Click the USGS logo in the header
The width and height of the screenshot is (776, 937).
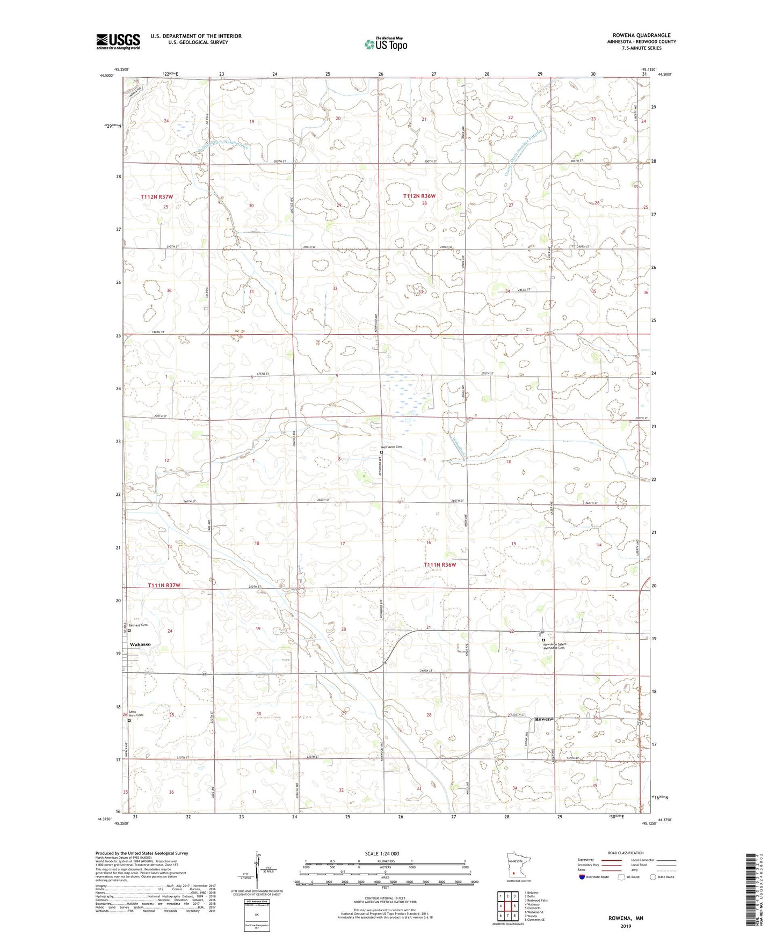click(118, 41)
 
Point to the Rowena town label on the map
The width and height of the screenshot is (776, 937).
click(543, 719)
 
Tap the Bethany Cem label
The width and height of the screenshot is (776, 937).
click(137, 625)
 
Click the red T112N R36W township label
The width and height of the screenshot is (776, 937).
click(419, 196)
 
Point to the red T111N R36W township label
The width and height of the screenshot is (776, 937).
click(439, 565)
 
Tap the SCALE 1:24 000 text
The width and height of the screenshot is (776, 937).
click(381, 853)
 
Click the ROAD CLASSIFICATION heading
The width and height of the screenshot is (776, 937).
click(625, 853)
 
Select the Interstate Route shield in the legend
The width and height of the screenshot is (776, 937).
click(582, 877)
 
